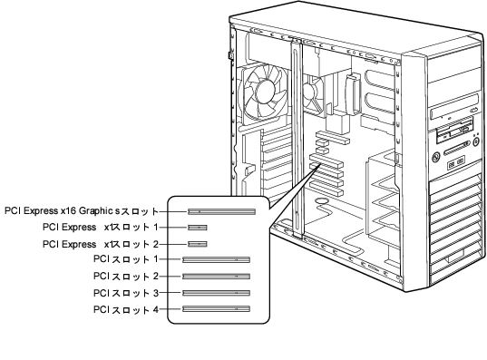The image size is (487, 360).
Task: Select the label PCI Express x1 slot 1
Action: coord(101,228)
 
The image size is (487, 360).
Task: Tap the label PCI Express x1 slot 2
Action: coord(101,244)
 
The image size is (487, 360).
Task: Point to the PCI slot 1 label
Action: coord(126,259)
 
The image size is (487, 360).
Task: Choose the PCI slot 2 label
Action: coord(126,277)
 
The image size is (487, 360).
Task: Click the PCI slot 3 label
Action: coord(126,293)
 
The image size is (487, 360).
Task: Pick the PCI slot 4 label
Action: coord(126,310)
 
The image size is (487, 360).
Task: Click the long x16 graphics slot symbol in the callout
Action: coord(222,211)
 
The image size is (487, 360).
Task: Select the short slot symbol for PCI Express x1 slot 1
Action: coord(198,228)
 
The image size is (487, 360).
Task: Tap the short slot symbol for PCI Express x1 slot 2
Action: coord(198,244)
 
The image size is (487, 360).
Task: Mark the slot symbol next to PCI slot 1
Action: coord(216,259)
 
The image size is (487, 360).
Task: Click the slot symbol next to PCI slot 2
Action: coord(216,277)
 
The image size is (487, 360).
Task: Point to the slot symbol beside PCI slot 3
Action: coord(216,293)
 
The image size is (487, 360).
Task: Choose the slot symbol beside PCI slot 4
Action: coord(216,308)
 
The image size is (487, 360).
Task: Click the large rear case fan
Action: coord(263,92)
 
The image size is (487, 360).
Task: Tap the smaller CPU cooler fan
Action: coord(312,93)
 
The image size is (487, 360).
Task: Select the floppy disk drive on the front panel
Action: coord(454,134)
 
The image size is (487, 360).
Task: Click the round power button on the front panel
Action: coord(437,157)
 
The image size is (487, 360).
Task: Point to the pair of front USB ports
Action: coord(456,163)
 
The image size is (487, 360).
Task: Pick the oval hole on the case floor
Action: coord(322,200)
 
